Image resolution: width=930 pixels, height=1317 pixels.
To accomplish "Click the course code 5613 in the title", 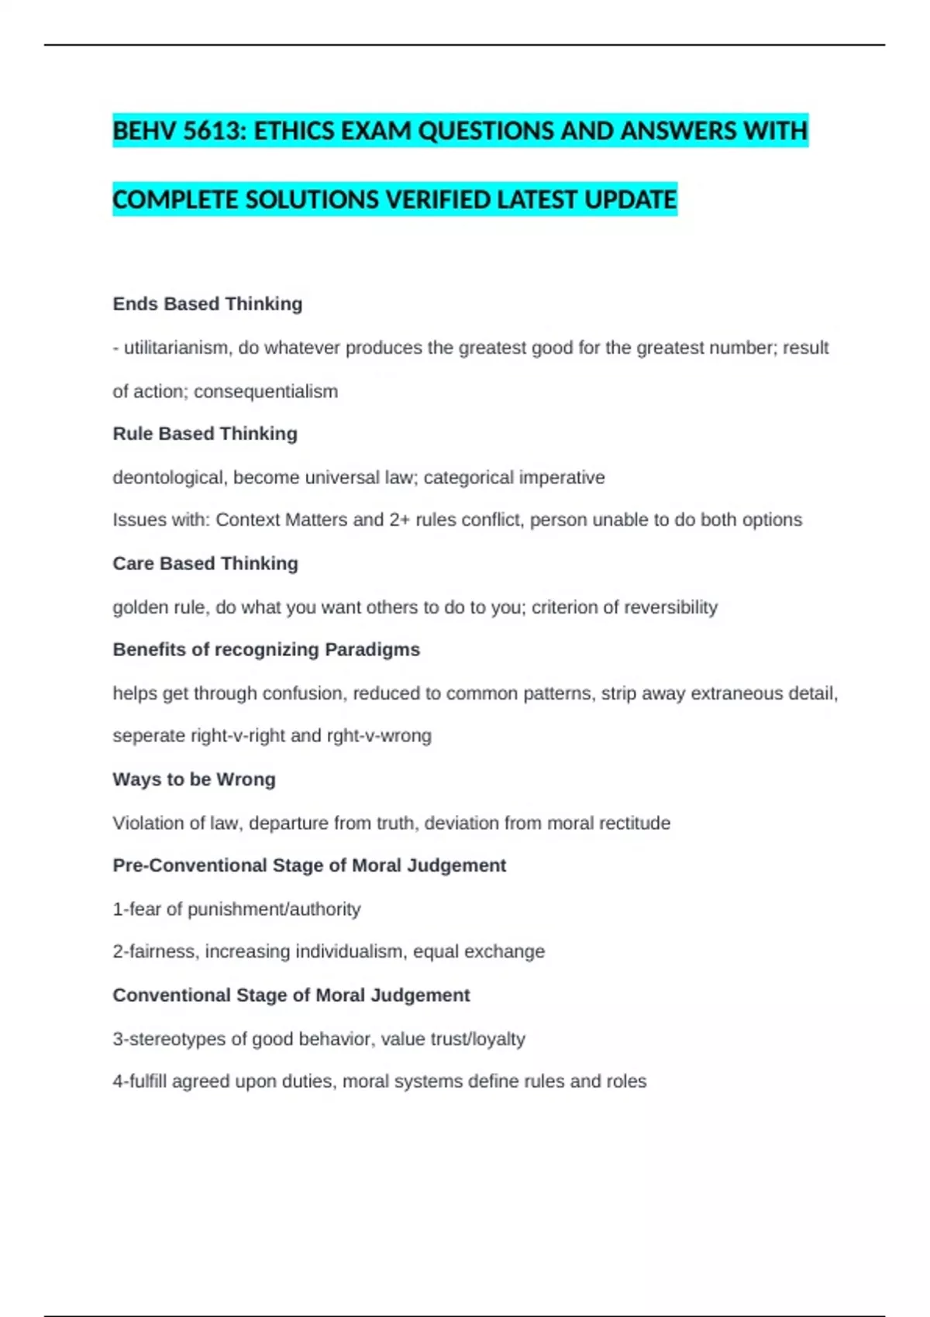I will point(213,131).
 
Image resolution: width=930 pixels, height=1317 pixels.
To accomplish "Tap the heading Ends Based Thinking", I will point(207,304).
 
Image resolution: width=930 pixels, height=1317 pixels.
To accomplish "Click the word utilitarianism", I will point(177,348).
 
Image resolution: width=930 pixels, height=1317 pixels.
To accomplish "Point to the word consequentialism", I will point(266,391).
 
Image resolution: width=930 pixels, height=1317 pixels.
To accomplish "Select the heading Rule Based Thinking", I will point(205,434).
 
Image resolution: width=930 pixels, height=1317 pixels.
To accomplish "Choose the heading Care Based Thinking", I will point(205,563).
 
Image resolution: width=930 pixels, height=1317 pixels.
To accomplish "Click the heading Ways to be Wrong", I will point(194,779).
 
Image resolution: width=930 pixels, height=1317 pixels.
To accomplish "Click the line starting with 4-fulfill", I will point(379,1081).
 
